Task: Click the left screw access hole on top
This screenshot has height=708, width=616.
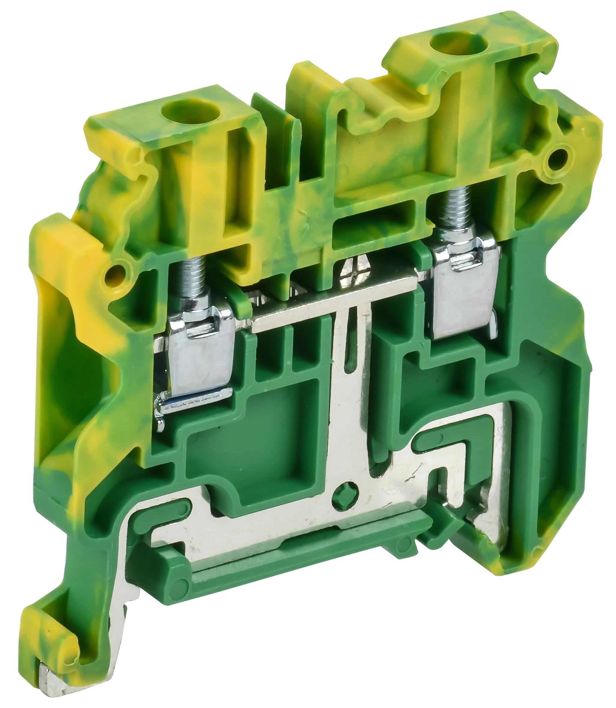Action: (176, 111)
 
